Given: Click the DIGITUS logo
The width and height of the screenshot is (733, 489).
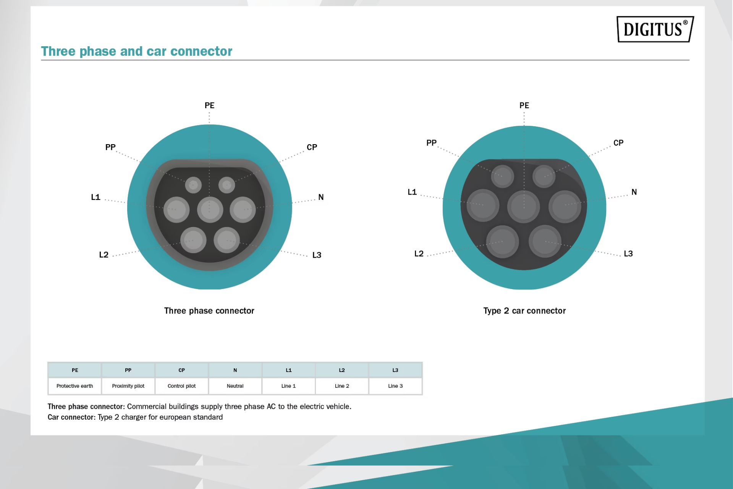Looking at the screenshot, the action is click(x=655, y=29).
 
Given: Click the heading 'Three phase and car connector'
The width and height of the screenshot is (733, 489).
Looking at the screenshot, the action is click(x=136, y=51).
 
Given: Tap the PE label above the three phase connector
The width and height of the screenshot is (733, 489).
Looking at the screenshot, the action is click(x=209, y=106).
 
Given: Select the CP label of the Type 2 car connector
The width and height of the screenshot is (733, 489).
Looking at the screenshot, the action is click(x=618, y=143).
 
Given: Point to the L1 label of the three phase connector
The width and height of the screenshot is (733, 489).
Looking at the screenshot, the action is click(x=95, y=197).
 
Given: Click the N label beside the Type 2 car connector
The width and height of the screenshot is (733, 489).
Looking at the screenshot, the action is click(x=634, y=192).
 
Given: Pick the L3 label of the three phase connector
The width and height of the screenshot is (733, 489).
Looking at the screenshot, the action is click(x=317, y=255).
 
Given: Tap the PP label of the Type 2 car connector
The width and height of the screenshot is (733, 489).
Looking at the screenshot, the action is click(x=431, y=143).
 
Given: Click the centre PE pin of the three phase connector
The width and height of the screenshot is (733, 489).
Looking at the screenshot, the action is click(x=210, y=210).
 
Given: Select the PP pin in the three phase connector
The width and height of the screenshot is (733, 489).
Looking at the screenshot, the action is click(x=193, y=185).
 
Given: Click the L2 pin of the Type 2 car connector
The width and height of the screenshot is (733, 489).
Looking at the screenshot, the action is click(x=502, y=242).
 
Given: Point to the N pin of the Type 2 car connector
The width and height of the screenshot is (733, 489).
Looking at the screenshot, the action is click(x=565, y=206).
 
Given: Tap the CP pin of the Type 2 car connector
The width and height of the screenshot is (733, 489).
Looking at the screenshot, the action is click(x=544, y=176).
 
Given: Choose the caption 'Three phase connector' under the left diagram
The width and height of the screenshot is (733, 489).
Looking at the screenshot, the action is click(x=209, y=311).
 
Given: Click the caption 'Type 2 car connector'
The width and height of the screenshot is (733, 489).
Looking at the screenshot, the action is click(x=524, y=311).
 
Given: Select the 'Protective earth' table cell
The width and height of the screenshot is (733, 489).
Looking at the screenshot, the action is click(x=74, y=386).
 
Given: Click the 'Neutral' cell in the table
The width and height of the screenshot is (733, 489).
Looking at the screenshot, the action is click(x=235, y=386).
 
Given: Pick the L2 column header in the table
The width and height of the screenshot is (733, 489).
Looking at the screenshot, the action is click(x=342, y=370).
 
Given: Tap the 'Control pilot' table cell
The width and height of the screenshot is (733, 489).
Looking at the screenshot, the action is click(x=181, y=386).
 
